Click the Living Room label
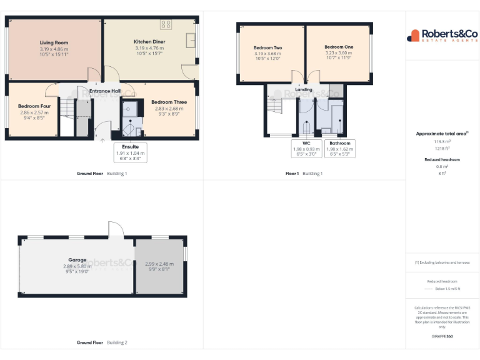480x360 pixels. coord(53,42)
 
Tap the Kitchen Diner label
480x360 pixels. coord(149,42)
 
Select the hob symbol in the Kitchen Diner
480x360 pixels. coord(166,24)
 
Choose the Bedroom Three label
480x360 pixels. coord(169,102)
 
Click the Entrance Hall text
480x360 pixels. coord(104,91)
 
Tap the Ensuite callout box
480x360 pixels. coord(130,152)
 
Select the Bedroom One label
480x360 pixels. coord(339,47)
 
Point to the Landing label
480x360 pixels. coord(304,90)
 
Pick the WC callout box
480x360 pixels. coord(306,148)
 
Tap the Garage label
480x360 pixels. coord(77,259)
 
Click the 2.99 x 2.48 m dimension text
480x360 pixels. coord(159,264)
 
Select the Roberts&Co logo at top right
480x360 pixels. coord(442,36)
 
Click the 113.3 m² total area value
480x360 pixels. coord(442,142)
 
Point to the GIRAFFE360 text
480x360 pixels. coord(442,337)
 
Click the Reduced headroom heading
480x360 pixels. coord(442,160)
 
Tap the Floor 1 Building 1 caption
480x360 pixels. coord(304,173)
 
